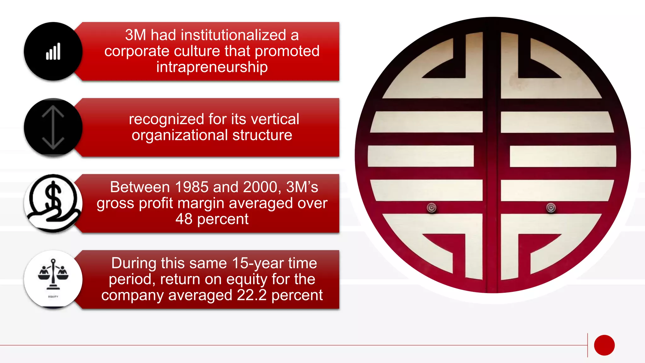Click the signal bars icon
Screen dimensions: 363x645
[53, 52]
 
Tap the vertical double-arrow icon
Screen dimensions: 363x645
[53, 128]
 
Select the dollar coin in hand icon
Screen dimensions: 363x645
[53, 204]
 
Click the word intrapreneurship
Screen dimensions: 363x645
[212, 67]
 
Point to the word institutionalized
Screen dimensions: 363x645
[218, 35]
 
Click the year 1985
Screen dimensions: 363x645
[191, 187]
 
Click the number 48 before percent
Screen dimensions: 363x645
[184, 219]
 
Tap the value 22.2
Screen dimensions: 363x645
[252, 295]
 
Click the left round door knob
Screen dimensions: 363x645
[431, 208]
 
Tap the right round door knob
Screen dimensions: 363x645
[551, 208]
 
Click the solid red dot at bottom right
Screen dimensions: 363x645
[604, 345]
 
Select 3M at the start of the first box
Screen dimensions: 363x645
[135, 35]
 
